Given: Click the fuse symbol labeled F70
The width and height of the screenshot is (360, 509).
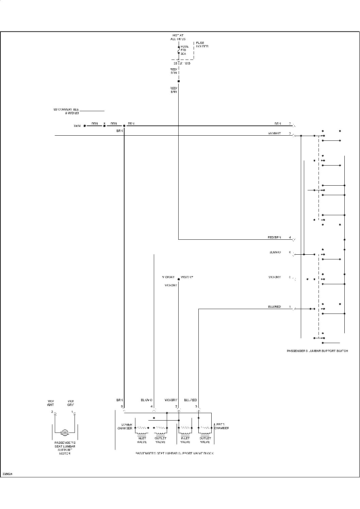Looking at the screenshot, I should coord(179,50).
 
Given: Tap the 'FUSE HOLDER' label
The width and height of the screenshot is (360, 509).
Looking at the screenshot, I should coord(202,45).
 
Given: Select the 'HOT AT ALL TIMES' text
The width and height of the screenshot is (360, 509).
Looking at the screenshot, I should coord(178,37).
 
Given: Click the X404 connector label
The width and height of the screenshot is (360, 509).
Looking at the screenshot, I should coord(77,126).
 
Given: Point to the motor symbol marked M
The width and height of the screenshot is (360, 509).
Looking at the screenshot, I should coord(65,432).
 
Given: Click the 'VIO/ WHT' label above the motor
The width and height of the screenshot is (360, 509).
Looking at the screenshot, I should coord(50,403).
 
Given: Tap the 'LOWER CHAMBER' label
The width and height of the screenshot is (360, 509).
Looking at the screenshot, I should coord(125,426).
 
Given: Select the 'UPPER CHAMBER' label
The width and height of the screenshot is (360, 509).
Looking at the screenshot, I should coord(222,426).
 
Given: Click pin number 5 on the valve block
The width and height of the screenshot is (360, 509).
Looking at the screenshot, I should coord(121,406).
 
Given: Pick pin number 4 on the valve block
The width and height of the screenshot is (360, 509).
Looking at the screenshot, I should coord(151,406).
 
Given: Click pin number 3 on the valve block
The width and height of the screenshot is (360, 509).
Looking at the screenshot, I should coord(196,406).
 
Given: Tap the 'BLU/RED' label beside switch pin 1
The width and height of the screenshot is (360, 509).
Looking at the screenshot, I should coord(275,307).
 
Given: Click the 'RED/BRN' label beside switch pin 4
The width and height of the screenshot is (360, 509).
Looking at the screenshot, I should coord(275,237).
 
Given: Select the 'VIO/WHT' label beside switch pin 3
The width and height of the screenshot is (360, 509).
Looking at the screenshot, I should coord(275,133).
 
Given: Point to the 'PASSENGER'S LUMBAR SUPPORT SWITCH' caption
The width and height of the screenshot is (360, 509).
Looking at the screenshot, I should coord(317,351).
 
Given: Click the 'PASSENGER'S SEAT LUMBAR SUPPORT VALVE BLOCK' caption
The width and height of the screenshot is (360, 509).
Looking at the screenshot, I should coord(175,453).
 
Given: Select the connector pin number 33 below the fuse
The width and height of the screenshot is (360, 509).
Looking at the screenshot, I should coord(175,64).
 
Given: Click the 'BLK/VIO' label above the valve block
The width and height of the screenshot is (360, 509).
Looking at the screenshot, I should coord(146,400).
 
